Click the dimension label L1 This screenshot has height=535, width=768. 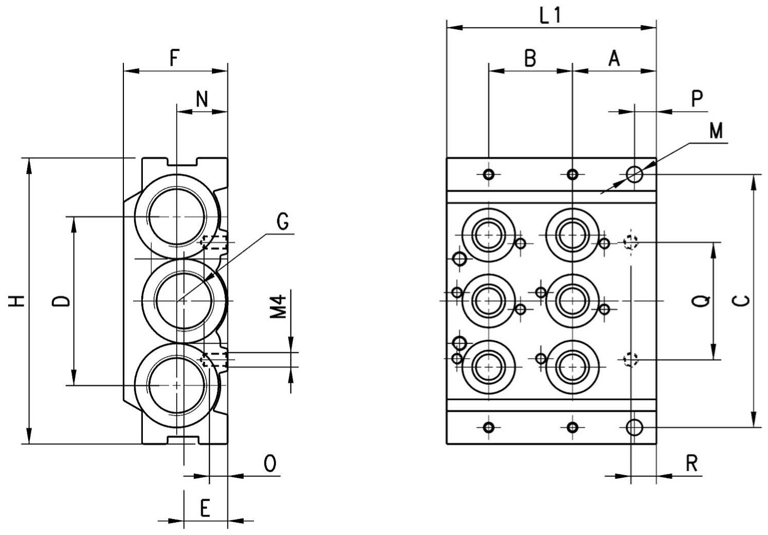(x=550, y=15)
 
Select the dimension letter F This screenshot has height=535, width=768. (x=175, y=58)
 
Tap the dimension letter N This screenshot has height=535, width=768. (x=202, y=99)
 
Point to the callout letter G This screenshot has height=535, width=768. (x=283, y=221)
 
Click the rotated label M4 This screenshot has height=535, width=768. (x=278, y=306)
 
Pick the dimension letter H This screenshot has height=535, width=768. (x=16, y=301)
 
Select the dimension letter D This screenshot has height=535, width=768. (x=61, y=301)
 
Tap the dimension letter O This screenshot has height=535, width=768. (x=270, y=464)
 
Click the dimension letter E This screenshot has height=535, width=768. (x=205, y=508)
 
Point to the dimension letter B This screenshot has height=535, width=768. (x=530, y=58)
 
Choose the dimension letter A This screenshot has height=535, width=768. (x=614, y=58)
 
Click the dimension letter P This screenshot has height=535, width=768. (x=697, y=99)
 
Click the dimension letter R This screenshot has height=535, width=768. (x=692, y=464)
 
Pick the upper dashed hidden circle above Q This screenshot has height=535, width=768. (x=630, y=242)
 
